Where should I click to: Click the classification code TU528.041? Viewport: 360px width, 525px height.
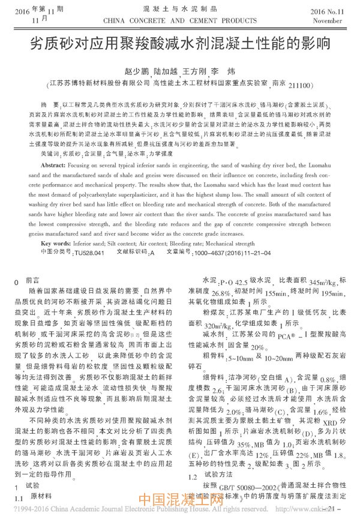(x=89, y=253)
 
